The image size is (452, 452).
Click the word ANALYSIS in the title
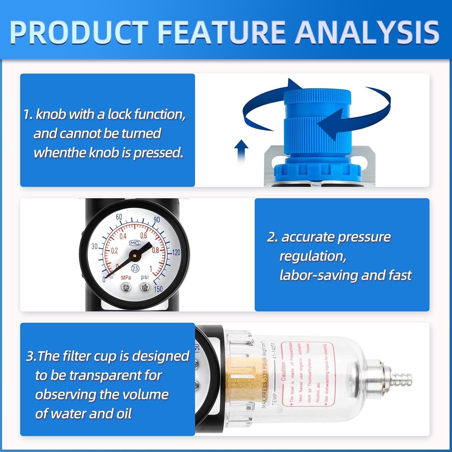pyautogui.click(x=367, y=32)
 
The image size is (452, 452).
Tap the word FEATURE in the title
pyautogui.click(x=221, y=32)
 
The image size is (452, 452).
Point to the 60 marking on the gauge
pyautogui.click(x=119, y=217)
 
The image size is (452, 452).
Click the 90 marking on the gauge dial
pyautogui.click(x=157, y=220)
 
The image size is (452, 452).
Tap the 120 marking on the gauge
pyautogui.click(x=176, y=253)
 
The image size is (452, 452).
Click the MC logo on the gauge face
pyautogui.click(x=135, y=243)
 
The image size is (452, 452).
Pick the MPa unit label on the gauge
pyautogui.click(x=126, y=277)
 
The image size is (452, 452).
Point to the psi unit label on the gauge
pyautogui.click(x=145, y=277)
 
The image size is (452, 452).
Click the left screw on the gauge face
pyautogui.click(x=126, y=288)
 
